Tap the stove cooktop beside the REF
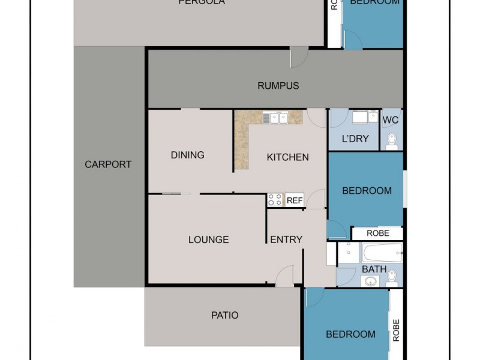[275, 200]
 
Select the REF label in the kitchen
[295, 200]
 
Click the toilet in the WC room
[391, 140]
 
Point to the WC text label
[391, 120]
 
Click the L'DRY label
[355, 139]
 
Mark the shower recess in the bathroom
[347, 253]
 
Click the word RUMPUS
[278, 86]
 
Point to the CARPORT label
[108, 164]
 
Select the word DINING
[188, 155]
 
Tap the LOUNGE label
[208, 239]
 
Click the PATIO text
[224, 315]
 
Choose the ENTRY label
[286, 239]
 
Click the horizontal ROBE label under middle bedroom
[377, 233]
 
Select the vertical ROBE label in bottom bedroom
[396, 329]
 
